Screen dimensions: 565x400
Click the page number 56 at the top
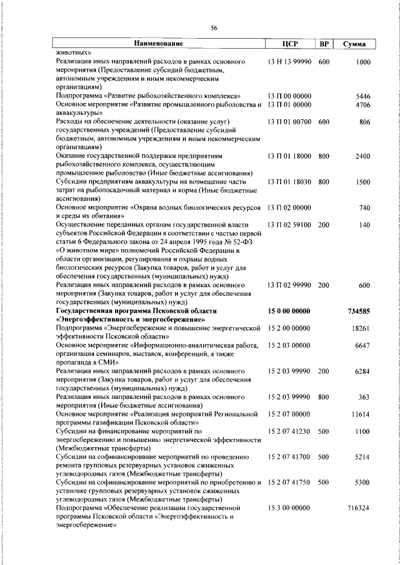coord(214,28)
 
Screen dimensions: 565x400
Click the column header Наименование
coord(157,44)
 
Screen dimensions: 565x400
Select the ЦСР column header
coord(289,44)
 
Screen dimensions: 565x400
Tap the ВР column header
coord(324,44)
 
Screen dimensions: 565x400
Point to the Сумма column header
coord(355,44)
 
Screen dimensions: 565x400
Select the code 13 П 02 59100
coord(288,224)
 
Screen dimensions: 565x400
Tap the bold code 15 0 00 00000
coord(289,310)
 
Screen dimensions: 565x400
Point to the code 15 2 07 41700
coord(288,457)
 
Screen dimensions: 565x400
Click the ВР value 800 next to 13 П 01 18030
coord(323,181)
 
